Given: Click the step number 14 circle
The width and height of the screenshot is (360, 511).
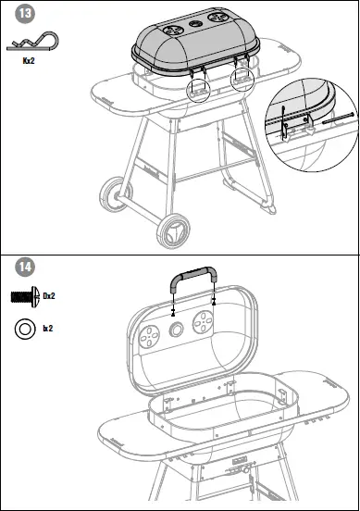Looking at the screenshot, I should (24, 268).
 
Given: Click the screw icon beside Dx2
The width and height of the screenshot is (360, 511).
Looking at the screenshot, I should (23, 295).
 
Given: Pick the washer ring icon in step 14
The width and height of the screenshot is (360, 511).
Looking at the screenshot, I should (24, 327).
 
